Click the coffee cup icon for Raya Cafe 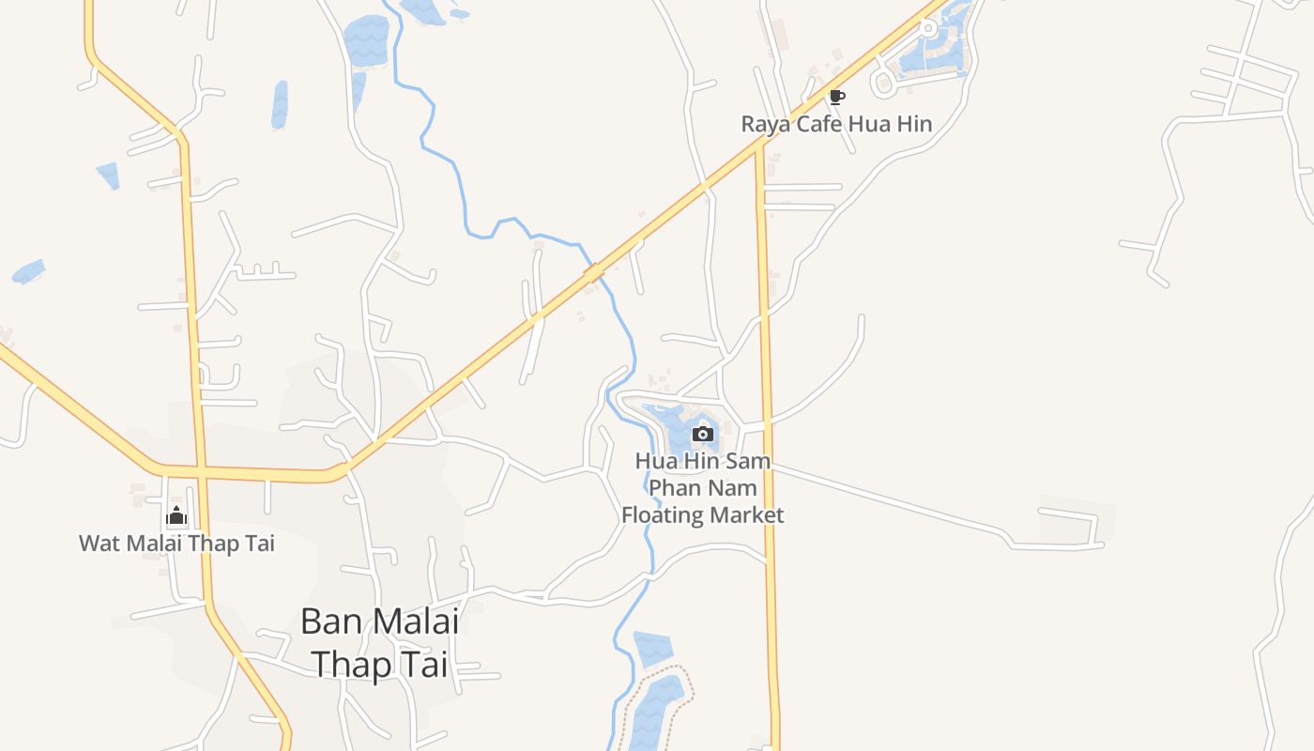coord(836,96)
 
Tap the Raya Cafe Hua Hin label coord(836,124)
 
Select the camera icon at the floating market coord(702,434)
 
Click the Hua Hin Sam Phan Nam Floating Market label coord(702,488)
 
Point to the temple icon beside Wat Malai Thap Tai coord(176,515)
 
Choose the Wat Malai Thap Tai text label coord(176,544)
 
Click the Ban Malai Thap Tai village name coord(379,643)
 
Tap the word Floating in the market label coord(663,515)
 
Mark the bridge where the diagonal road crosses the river coord(593,272)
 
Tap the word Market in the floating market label coord(746,515)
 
